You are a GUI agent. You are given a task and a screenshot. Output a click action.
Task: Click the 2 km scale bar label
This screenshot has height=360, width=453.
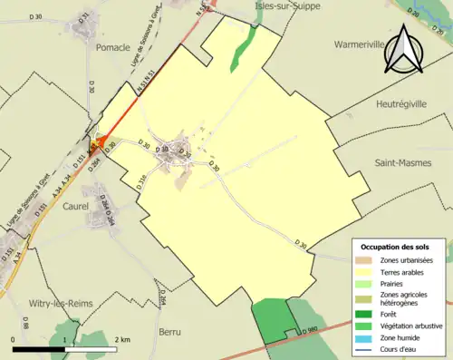point(123,339)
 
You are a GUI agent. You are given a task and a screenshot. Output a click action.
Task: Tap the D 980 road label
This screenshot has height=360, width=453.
point(309,330)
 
